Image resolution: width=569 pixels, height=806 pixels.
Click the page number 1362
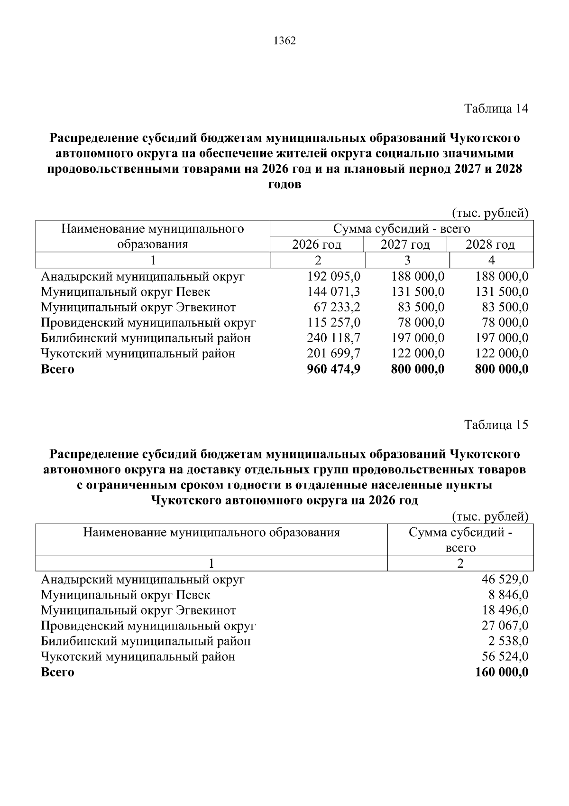coord(284,41)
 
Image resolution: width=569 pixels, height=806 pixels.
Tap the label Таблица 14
coord(496,109)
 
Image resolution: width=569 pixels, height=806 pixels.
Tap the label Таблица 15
coord(496,424)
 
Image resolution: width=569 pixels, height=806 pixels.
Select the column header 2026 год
coord(317,245)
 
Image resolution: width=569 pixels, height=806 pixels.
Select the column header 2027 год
coord(405,245)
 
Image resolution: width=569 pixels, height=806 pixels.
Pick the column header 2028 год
coord(490,245)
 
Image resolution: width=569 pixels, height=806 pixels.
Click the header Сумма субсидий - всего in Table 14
coord(401,229)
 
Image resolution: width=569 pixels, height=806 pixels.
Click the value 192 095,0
coord(334,277)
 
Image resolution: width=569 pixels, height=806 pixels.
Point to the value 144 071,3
coord(334,292)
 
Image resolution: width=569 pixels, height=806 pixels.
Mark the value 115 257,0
coord(334,323)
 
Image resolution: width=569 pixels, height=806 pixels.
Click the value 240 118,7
coord(334,338)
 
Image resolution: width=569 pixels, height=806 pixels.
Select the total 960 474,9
coord(334,369)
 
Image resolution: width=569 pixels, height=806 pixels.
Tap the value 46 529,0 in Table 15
coord(505,580)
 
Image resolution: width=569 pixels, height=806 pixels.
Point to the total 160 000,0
coord(502,673)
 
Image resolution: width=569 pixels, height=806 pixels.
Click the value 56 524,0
coord(505,657)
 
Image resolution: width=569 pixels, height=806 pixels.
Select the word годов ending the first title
coord(284,185)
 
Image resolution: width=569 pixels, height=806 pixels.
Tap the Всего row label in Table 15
coord(57,673)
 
